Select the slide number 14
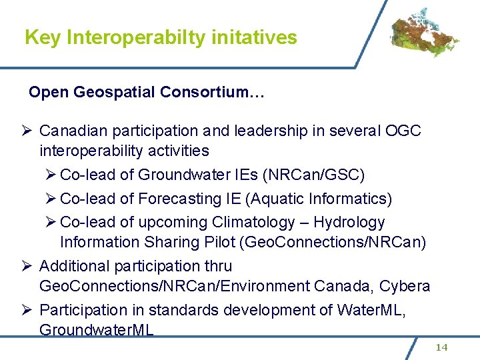point(442,347)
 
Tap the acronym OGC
point(403,131)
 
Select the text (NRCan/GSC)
point(313,175)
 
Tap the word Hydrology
point(349,222)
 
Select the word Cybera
point(405,287)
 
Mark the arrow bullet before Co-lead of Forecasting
point(51,199)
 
